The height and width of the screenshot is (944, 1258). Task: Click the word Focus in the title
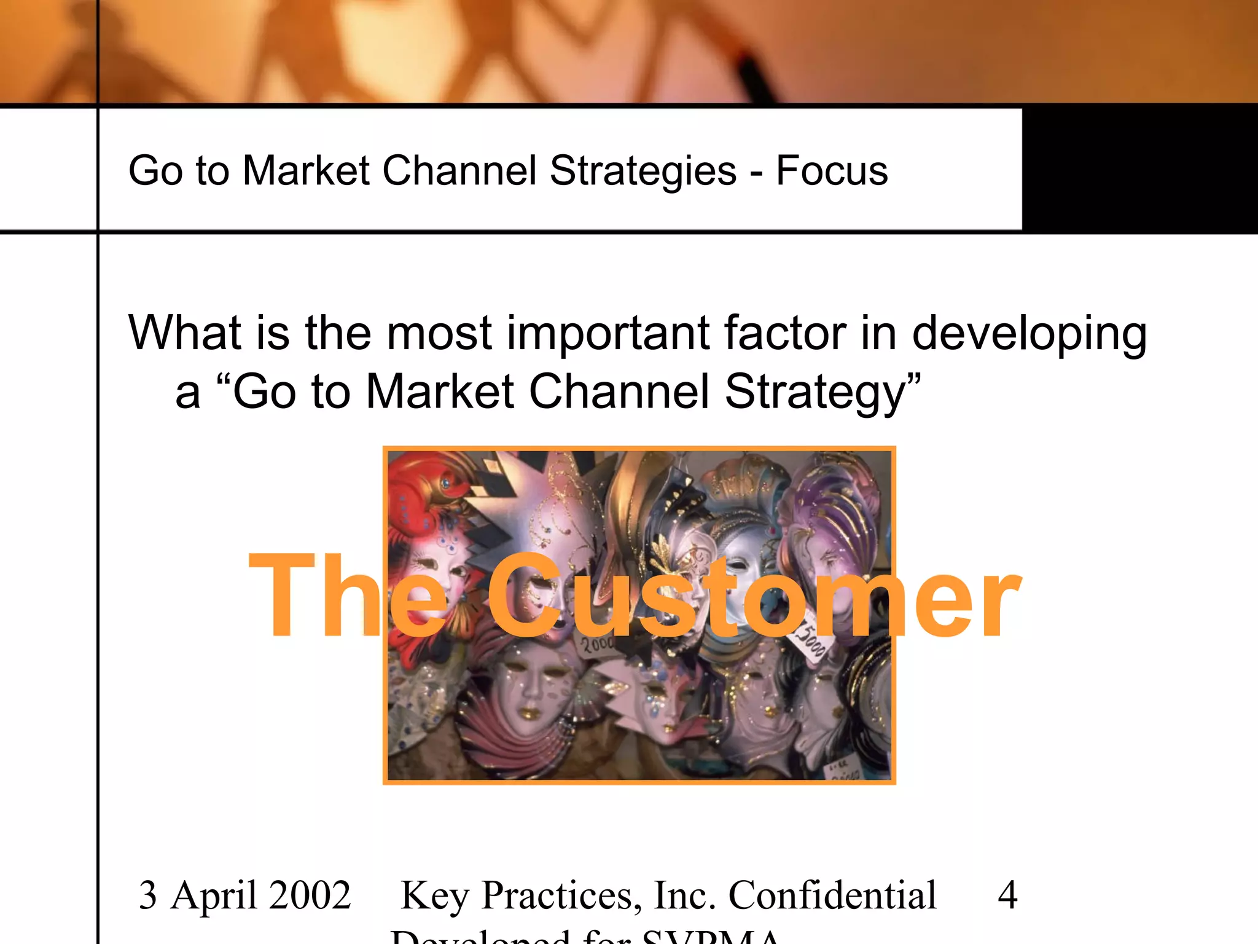coord(832,170)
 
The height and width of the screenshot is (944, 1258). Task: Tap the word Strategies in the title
coord(643,171)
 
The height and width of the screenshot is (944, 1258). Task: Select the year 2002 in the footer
coord(310,895)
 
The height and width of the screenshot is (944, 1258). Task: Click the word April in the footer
coord(214,896)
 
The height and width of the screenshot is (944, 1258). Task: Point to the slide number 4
coord(1007,895)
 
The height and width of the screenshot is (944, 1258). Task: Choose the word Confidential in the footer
coord(832,895)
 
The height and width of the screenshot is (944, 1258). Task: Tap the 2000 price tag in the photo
coord(596,644)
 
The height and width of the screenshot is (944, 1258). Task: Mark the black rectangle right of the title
coord(1139,169)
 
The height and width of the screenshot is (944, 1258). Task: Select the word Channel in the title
coord(459,170)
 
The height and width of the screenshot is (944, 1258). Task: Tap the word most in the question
coord(439,332)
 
